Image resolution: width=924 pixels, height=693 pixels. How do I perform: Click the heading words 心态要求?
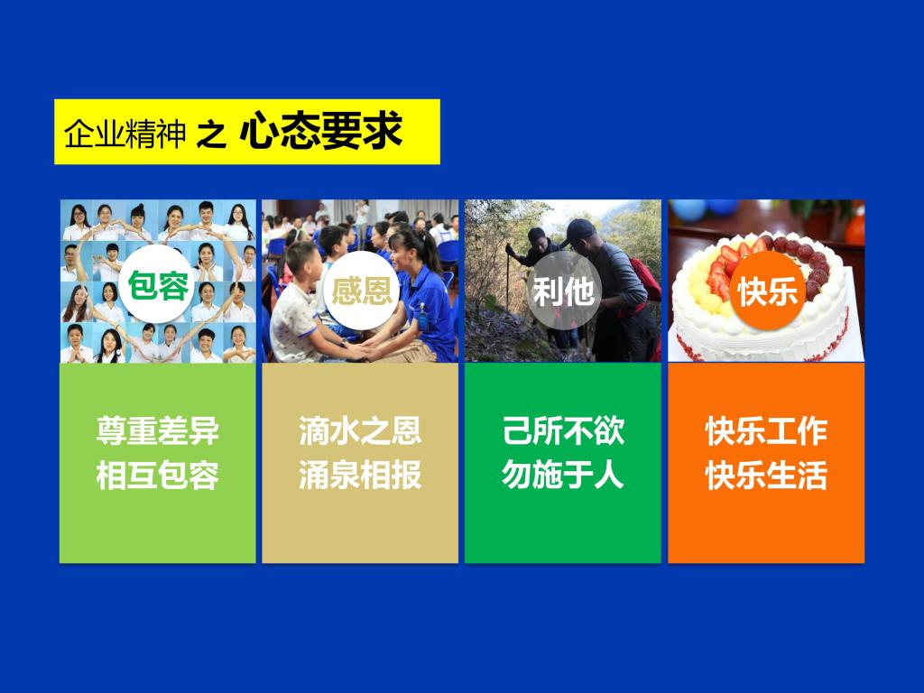click(321, 131)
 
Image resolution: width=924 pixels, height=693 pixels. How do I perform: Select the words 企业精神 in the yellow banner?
click(125, 134)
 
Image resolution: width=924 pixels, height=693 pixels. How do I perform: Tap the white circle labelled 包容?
click(157, 284)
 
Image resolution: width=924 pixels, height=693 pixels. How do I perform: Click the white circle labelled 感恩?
click(361, 290)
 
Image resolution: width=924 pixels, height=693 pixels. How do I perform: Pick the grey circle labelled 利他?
click(563, 290)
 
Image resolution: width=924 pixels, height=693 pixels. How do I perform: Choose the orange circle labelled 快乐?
click(767, 290)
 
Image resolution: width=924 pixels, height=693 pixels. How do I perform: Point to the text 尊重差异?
click(157, 430)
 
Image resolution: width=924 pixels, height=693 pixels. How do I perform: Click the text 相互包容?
click(157, 475)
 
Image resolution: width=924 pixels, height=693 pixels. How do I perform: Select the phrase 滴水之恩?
click(360, 430)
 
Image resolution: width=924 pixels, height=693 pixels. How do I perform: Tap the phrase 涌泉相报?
click(360, 475)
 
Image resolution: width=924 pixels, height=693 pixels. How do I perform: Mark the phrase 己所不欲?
click(563, 430)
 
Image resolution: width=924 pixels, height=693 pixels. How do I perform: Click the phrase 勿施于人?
click(563, 475)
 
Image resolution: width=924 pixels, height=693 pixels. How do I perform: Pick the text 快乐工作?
click(766, 430)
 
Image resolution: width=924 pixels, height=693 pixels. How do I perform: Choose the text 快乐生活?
click(766, 475)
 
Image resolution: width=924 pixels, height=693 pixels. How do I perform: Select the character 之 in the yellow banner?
click(211, 134)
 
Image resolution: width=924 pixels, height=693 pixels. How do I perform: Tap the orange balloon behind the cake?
click(855, 228)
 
